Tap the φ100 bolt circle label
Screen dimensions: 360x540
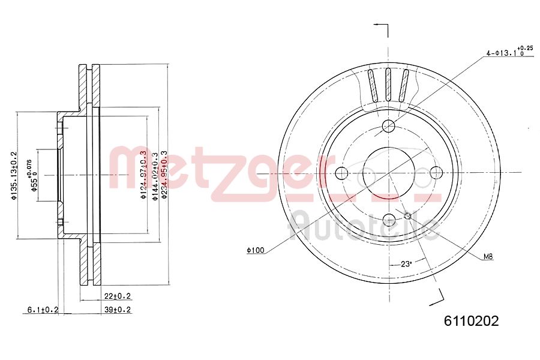[255, 250]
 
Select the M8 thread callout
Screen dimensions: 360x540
[488, 257]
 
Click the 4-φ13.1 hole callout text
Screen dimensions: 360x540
[508, 52]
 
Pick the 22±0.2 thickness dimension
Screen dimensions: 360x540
[117, 296]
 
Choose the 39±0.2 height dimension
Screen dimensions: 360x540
[117, 310]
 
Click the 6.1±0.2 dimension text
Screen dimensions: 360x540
[43, 310]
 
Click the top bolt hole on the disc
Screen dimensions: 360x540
[389, 126]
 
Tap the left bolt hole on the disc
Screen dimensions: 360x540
[341, 173]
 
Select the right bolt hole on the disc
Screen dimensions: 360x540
[437, 173]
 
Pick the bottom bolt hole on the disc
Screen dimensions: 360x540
[389, 220]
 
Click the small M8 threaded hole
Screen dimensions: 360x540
[407, 216]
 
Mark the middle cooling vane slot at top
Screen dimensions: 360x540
[388, 85]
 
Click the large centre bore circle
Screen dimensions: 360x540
[389, 173]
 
